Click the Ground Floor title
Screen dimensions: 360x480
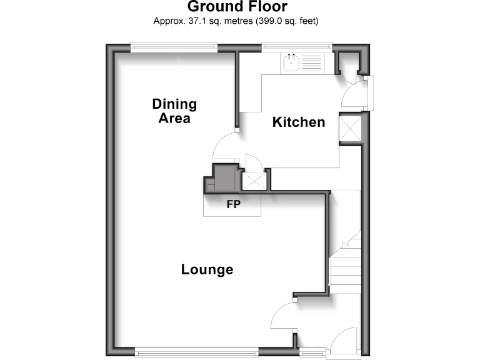click(237, 7)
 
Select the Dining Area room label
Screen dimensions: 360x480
click(174, 111)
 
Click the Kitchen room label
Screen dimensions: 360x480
click(299, 122)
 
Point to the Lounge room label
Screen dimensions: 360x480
click(207, 269)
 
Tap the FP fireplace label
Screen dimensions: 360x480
click(232, 203)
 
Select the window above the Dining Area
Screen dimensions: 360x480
click(174, 46)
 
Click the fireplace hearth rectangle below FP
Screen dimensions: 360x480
click(232, 206)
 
